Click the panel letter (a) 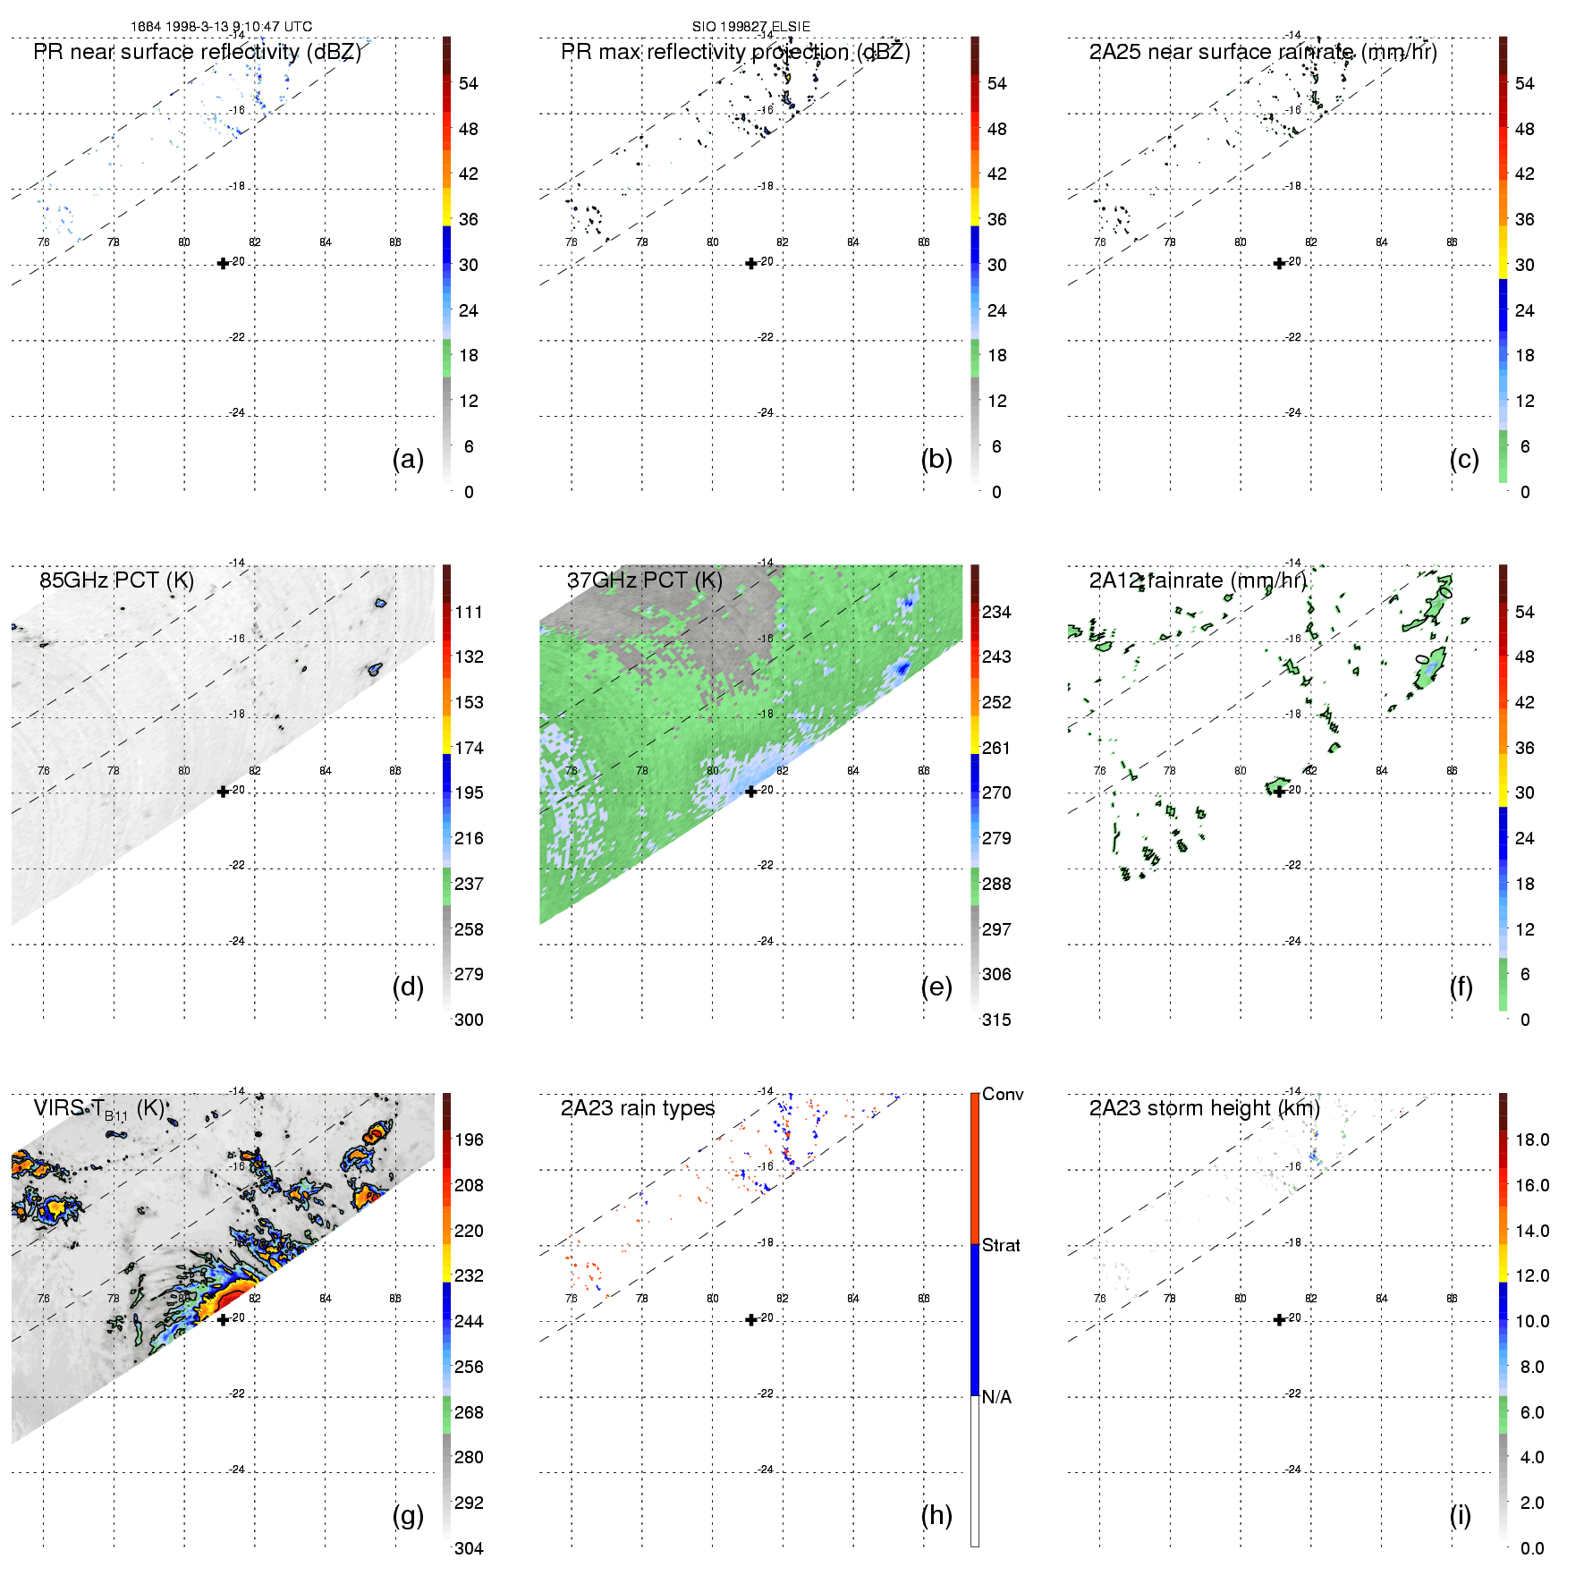408,459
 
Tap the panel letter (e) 936,987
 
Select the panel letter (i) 1460,1515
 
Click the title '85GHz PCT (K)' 116,580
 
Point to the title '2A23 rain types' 637,1108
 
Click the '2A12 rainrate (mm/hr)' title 1198,580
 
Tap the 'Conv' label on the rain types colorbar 1003,1094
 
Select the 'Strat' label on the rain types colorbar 1001,1245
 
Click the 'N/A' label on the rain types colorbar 996,1397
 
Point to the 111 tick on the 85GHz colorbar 469,612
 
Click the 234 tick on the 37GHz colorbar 996,612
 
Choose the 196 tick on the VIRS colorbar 469,1139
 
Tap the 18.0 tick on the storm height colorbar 1532,1139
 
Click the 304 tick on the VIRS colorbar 469,1548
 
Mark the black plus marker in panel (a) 223,263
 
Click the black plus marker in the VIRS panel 223,1319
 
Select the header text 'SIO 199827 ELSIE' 750,27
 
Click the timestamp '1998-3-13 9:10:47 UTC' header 237,27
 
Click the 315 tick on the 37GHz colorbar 996,1020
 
